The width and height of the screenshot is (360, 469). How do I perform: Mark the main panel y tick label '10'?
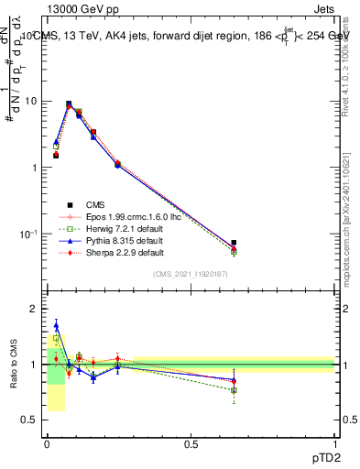(30, 102)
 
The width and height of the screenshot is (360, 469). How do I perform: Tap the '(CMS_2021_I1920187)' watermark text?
(191, 274)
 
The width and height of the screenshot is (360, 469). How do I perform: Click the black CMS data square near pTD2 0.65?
(235, 243)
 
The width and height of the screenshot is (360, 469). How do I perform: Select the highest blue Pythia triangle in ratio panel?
(56, 324)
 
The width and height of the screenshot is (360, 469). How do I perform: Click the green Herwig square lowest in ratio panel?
(235, 390)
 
